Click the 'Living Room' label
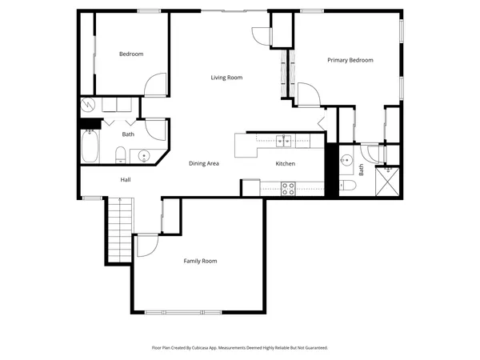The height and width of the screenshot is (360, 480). pyautogui.click(x=226, y=78)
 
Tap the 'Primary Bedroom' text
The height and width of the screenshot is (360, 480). pyautogui.click(x=350, y=60)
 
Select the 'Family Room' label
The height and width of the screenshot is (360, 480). pyautogui.click(x=200, y=261)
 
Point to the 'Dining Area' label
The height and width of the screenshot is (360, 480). pyautogui.click(x=204, y=163)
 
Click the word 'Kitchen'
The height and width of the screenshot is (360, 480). pyautogui.click(x=286, y=163)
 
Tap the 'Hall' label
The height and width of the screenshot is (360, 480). pyautogui.click(x=126, y=179)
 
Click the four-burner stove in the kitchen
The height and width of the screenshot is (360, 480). pyautogui.click(x=288, y=188)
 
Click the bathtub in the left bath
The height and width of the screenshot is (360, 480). pyautogui.click(x=90, y=146)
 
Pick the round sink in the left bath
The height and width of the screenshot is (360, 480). pyautogui.click(x=145, y=155)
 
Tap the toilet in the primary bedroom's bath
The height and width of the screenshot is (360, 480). pyautogui.click(x=349, y=186)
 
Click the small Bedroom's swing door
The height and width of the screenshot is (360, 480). pyautogui.click(x=155, y=85)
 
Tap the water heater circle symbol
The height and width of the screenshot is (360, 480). pyautogui.click(x=88, y=105)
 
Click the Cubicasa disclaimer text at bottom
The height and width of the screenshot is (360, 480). pyautogui.click(x=240, y=348)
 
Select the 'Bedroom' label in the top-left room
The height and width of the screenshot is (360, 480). pyautogui.click(x=131, y=54)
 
